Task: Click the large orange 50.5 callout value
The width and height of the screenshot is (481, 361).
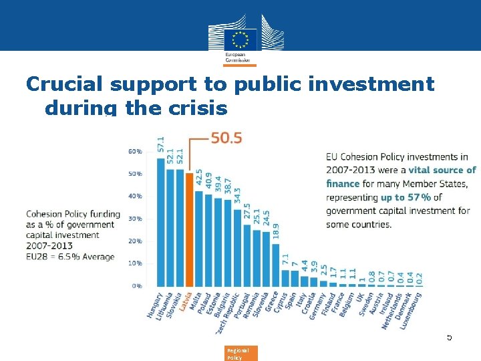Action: tap(226, 138)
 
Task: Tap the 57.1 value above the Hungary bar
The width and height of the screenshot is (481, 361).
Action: tap(161, 144)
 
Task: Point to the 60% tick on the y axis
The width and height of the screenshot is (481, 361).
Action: tap(134, 152)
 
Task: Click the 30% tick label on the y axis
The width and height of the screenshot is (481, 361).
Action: tap(134, 219)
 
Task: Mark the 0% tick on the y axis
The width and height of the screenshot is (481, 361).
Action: tap(136, 285)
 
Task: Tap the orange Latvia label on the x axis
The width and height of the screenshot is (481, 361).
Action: tap(184, 302)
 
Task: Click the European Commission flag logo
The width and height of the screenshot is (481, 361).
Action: tap(240, 37)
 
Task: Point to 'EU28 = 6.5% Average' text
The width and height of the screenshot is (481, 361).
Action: tap(70, 257)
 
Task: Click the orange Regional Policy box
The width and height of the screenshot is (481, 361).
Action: tap(238, 353)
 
